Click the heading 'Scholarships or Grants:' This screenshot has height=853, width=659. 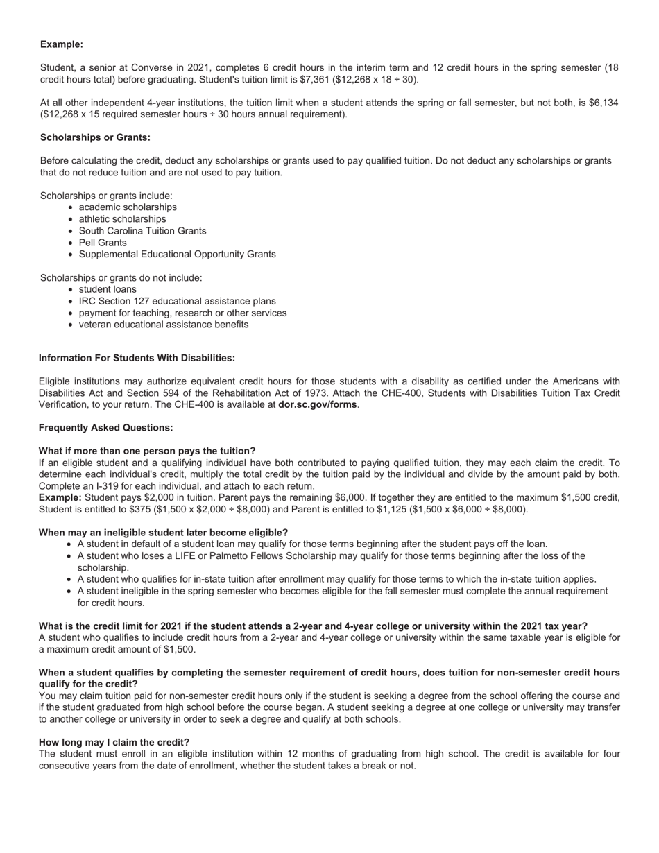pos(95,137)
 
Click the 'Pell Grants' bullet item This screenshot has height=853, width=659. pos(103,243)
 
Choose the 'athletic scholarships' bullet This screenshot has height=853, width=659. pos(122,219)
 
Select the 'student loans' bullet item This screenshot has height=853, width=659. pos(108,289)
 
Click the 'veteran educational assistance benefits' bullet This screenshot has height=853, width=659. pos(163,325)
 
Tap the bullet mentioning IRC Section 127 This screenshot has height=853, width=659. pos(177,301)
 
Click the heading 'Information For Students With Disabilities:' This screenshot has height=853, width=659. pos(137,358)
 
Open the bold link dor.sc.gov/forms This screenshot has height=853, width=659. pos(317,404)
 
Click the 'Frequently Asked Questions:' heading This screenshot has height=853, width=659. pos(105,428)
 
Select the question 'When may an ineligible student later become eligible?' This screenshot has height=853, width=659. pos(163,533)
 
